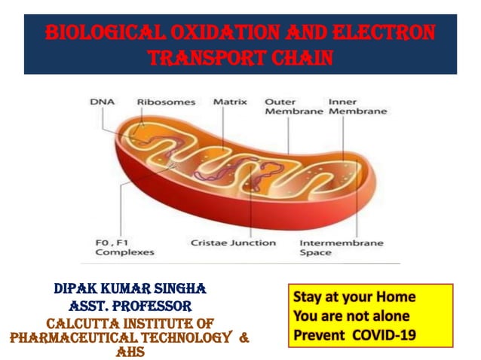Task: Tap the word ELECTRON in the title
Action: click(x=384, y=35)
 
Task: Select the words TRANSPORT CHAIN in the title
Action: click(x=240, y=58)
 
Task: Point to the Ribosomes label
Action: click(x=166, y=101)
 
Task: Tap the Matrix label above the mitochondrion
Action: click(x=230, y=101)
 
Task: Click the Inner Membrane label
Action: click(x=357, y=105)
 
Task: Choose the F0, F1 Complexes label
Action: click(x=124, y=248)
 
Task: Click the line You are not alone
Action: click(x=351, y=316)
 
